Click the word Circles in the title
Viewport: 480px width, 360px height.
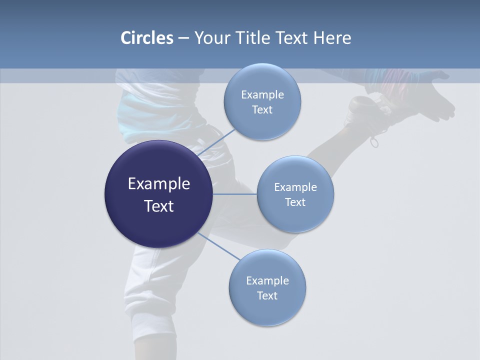coord(147,38)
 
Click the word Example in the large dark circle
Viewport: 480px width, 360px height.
coord(158,184)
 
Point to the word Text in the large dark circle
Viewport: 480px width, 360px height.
coord(158,206)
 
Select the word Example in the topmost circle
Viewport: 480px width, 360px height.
coord(262,95)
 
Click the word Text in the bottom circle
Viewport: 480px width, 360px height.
coord(267,295)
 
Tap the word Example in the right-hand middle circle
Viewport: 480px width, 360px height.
coord(295,187)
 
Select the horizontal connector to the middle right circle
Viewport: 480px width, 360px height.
coord(234,194)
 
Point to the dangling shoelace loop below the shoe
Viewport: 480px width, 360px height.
coord(374,142)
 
